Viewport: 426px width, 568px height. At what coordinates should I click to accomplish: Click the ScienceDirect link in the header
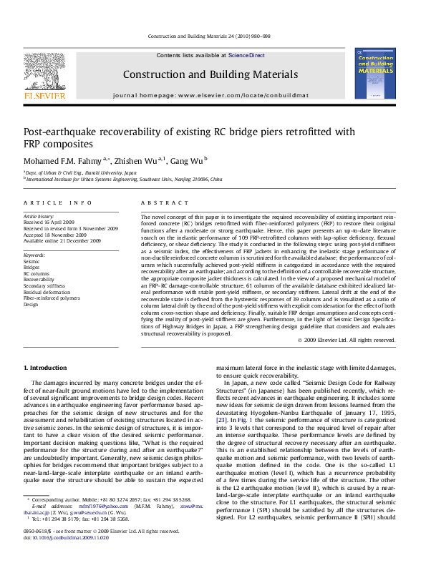click(x=246, y=55)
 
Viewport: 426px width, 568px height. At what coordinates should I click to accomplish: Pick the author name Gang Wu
click(x=188, y=160)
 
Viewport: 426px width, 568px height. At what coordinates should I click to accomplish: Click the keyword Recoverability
click(x=40, y=280)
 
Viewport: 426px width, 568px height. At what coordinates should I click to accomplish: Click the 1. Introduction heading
click(x=46, y=367)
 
